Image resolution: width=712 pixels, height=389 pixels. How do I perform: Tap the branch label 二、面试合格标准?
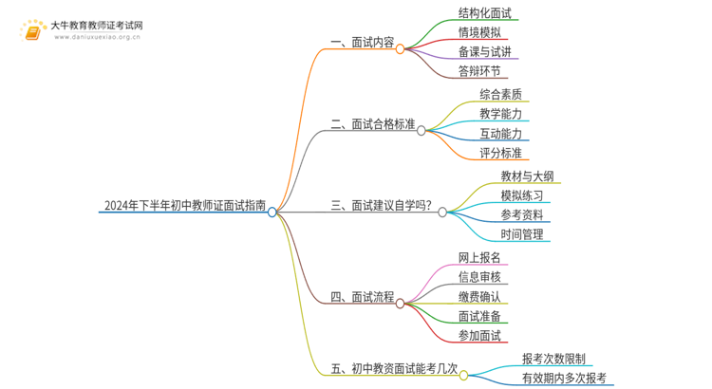(373, 123)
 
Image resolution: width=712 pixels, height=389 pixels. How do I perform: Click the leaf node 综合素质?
(500, 94)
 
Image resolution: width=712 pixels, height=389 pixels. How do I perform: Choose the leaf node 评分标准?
(500, 152)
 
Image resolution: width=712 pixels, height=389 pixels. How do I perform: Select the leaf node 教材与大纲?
(527, 176)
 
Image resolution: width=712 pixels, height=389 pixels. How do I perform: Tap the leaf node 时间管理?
(522, 233)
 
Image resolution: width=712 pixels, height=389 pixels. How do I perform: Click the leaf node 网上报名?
(480, 257)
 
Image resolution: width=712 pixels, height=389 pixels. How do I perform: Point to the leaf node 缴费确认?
(480, 296)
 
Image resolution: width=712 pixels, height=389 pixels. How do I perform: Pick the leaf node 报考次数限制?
(553, 359)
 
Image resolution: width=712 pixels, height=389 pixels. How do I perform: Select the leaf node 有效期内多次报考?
(564, 378)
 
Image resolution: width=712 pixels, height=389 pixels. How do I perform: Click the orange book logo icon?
(32, 33)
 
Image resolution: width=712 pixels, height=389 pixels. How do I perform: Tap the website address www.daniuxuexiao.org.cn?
(98, 39)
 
